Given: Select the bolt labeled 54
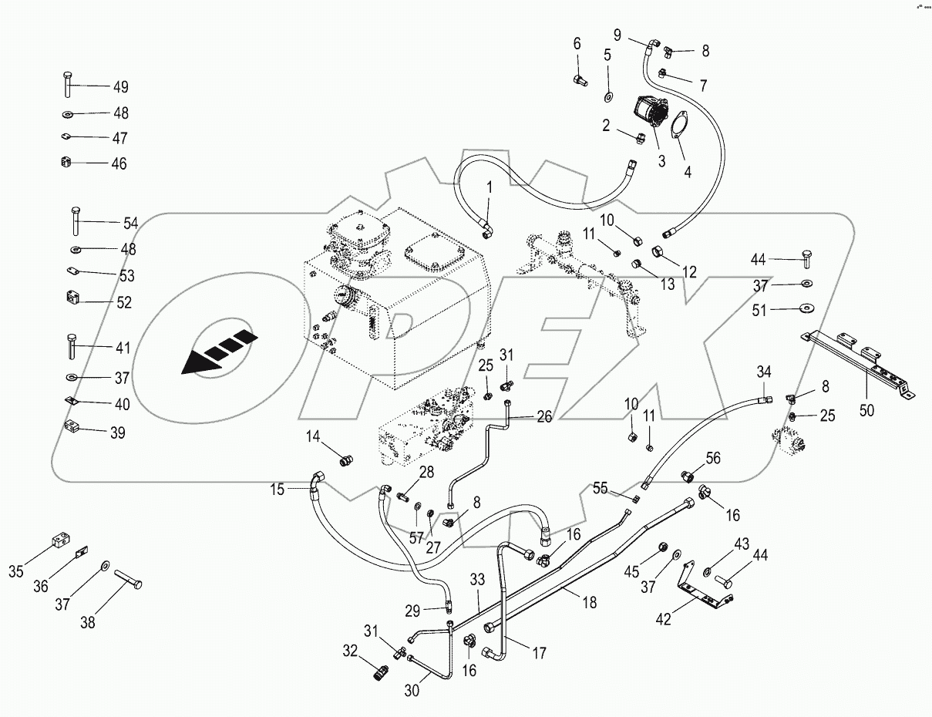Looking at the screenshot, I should pos(75,221).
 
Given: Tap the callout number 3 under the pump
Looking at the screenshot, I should pos(661,161).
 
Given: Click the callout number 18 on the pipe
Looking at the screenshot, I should pos(589,603).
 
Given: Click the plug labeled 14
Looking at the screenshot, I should pos(346,461).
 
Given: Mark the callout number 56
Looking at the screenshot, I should pos(712,457).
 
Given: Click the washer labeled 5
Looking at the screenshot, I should pos(608,96).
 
